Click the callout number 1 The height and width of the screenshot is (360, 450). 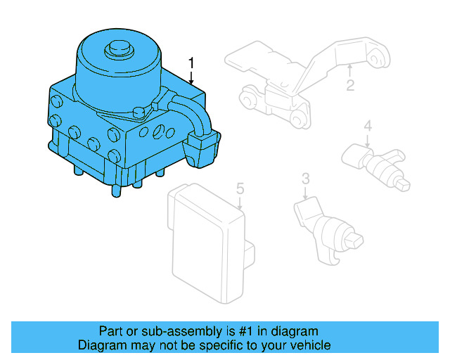[x=191, y=63]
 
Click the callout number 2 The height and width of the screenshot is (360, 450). [x=349, y=86]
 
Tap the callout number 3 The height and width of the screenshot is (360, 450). [x=305, y=179]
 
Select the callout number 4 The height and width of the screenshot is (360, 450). [x=367, y=127]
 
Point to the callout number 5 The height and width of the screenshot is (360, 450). [x=240, y=188]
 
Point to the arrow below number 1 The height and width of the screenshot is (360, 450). [x=191, y=78]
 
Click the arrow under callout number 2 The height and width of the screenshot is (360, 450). [x=349, y=71]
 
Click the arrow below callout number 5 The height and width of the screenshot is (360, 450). [x=240, y=203]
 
